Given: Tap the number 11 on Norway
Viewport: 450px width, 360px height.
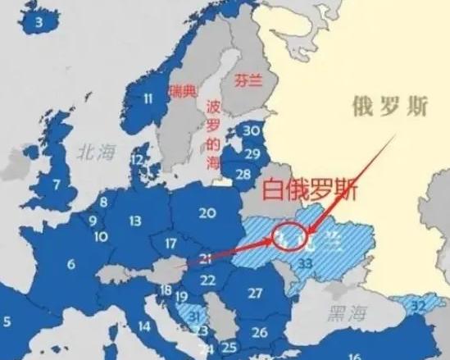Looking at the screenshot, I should [148, 100].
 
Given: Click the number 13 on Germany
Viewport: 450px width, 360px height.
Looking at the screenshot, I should [135, 221].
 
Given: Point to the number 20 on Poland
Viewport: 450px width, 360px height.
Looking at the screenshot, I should [207, 212].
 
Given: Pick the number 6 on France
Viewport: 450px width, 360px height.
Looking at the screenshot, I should [71, 264].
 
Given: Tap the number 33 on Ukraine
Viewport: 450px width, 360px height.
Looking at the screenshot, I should [306, 263].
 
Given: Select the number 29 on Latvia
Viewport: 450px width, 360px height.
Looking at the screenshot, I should [253, 153].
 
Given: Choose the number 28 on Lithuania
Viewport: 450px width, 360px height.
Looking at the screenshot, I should [243, 174].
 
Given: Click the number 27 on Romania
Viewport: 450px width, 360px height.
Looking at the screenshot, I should [256, 293].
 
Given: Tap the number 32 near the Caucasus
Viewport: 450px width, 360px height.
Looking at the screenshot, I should [419, 305].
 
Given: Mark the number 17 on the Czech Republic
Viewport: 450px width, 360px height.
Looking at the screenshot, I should [170, 244].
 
